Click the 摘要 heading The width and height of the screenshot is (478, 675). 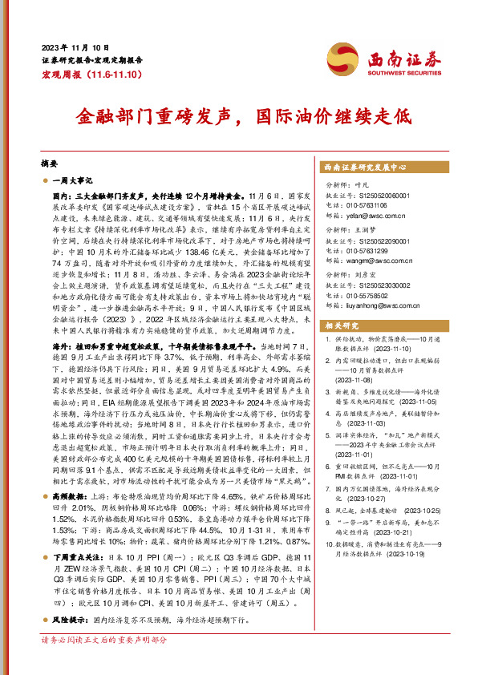tap(50, 160)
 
